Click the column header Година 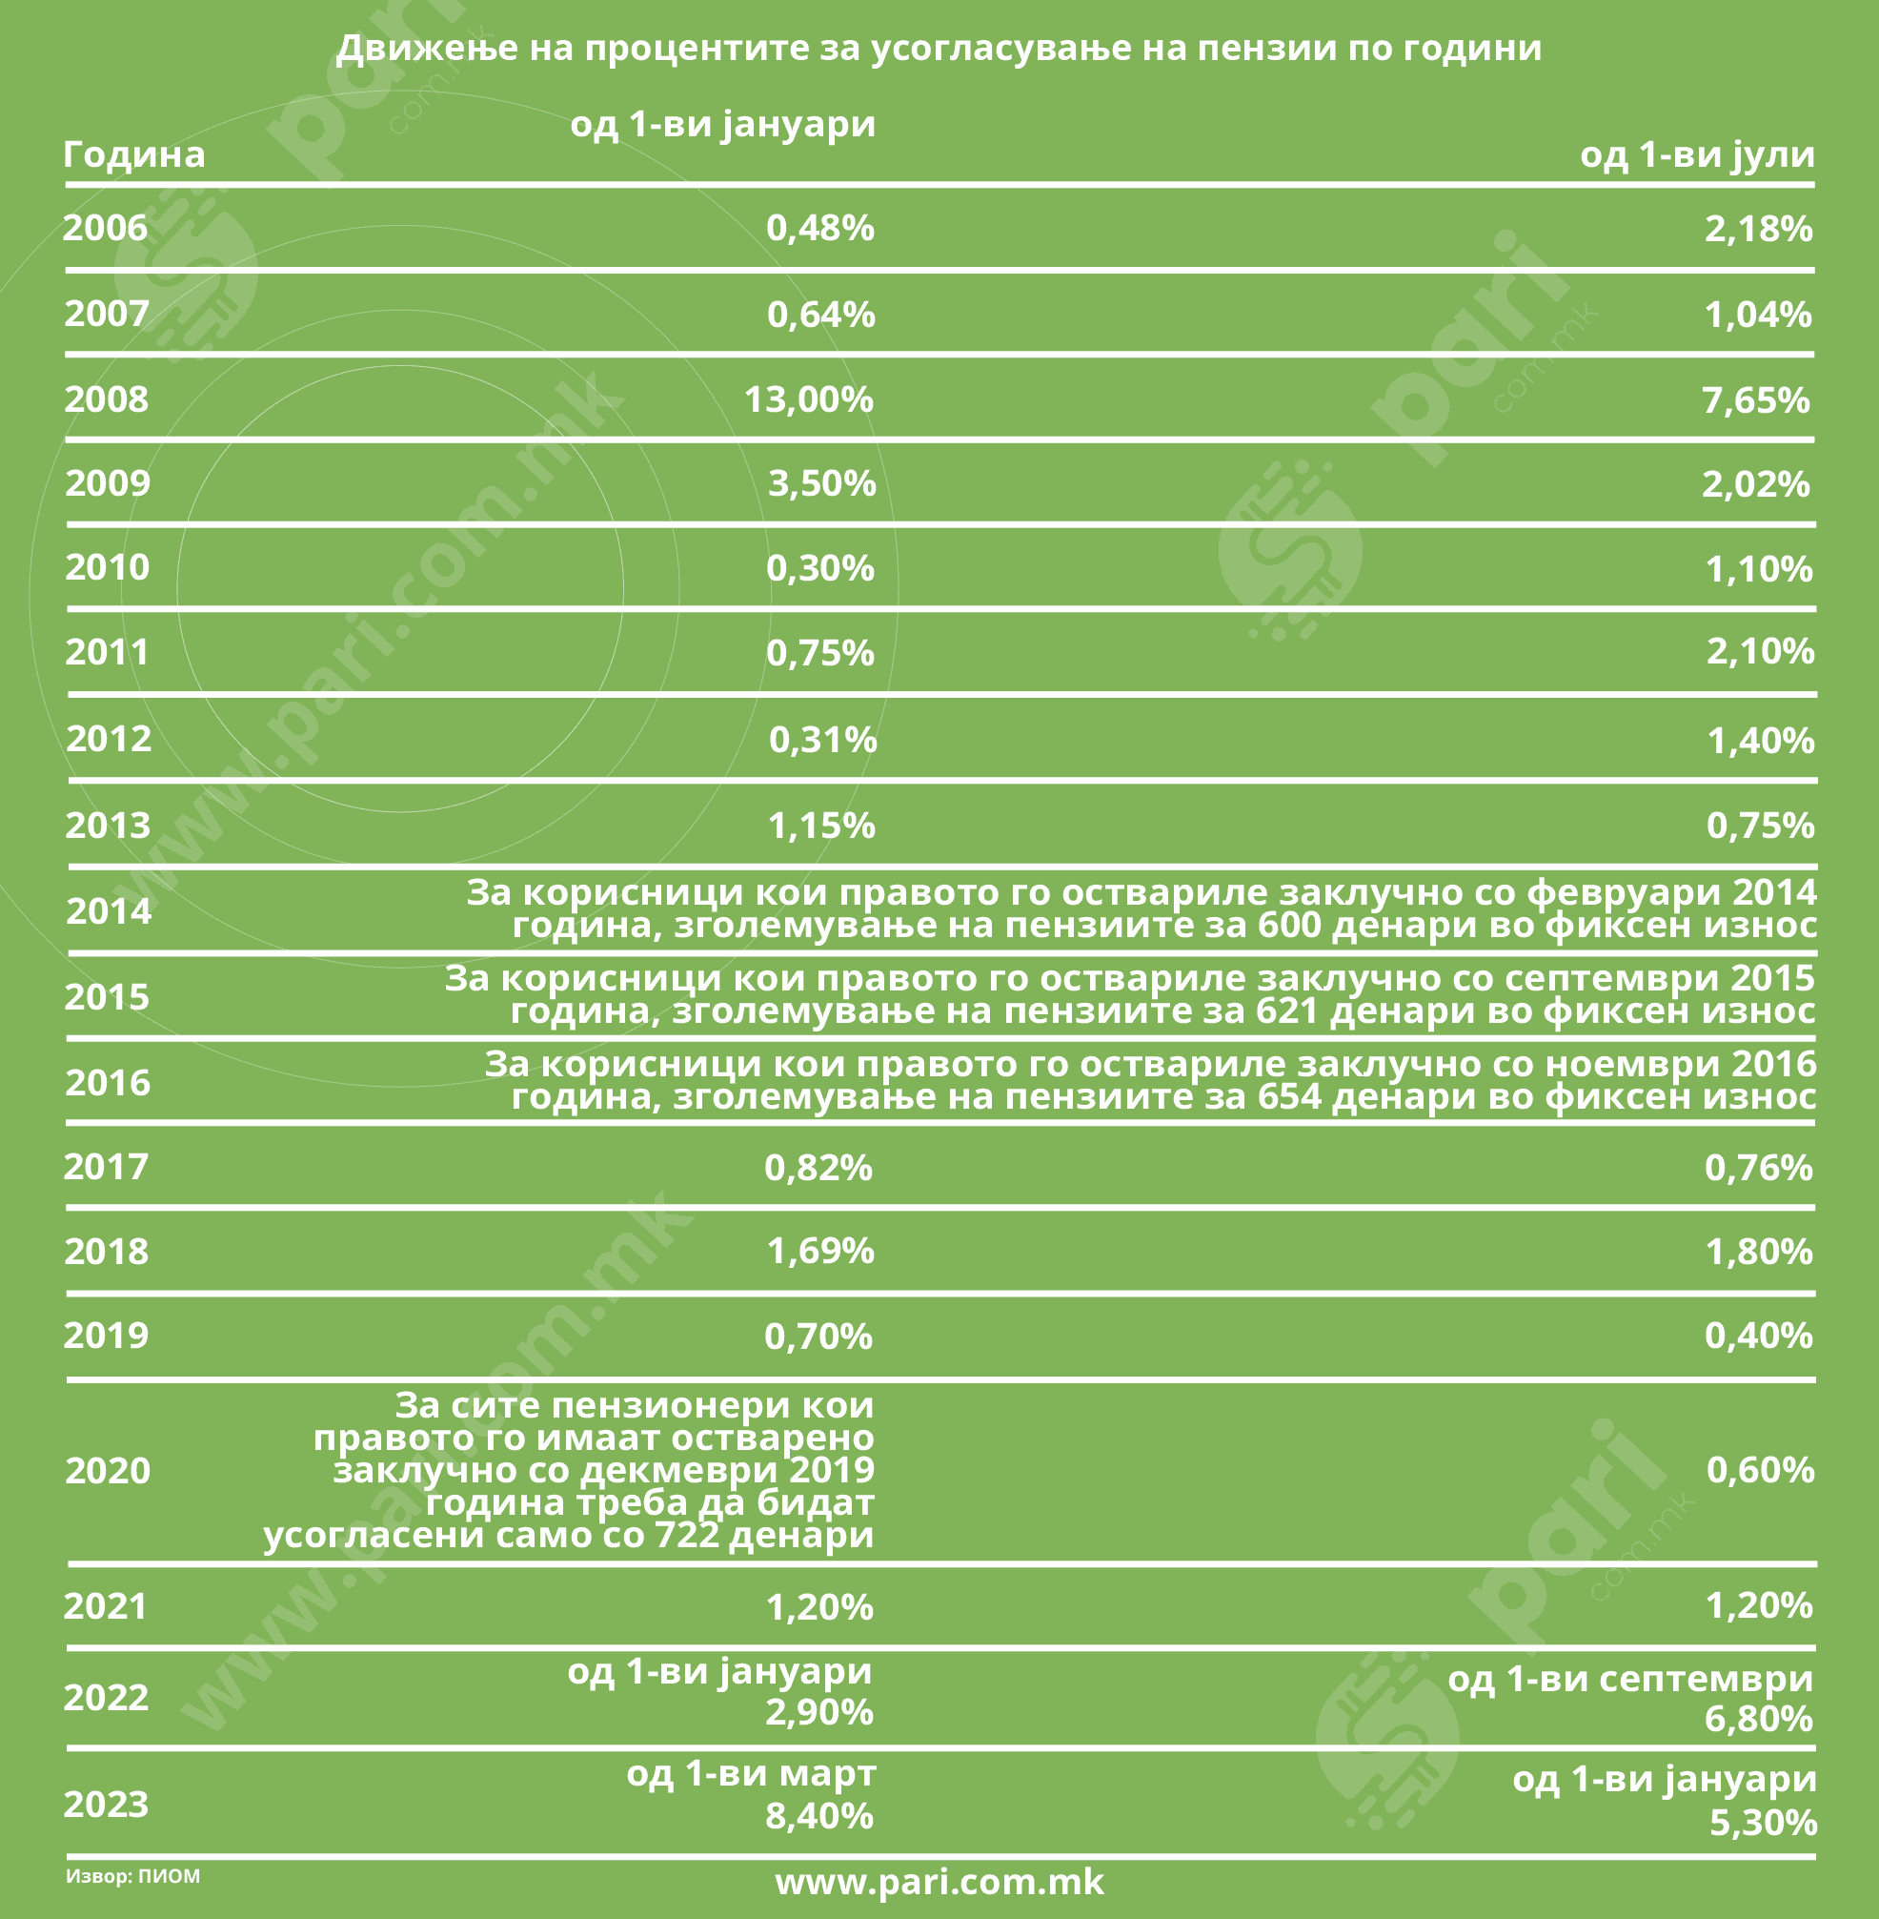(x=134, y=154)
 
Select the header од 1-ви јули (x=1696, y=154)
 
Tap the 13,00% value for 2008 (x=808, y=399)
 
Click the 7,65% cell (x=1756, y=399)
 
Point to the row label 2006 (x=106, y=228)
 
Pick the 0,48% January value (x=820, y=228)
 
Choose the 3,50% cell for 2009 (x=822, y=483)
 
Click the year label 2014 (x=109, y=911)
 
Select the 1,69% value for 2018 (x=820, y=1252)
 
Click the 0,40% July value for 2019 (x=1759, y=1336)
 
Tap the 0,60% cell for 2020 (x=1760, y=1470)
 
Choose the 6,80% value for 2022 (x=1759, y=1719)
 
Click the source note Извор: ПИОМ (x=133, y=1875)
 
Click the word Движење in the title (x=426, y=48)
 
